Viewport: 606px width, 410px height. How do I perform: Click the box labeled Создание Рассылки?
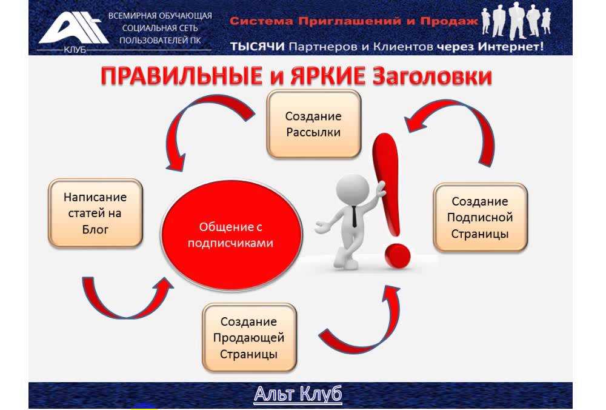point(313,124)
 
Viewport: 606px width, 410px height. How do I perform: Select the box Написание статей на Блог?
point(95,213)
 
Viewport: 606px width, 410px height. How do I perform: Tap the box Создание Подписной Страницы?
point(480,217)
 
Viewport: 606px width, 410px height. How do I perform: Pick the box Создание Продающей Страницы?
point(249,338)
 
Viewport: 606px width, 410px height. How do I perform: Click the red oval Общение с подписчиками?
point(231,235)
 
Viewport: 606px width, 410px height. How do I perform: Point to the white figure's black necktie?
point(354,217)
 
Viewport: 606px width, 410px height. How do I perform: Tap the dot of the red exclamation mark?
point(397,256)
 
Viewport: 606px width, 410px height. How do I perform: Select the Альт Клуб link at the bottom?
point(298,394)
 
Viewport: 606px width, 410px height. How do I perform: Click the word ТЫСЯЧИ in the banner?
point(258,47)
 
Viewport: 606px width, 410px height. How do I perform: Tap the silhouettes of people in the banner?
point(516,21)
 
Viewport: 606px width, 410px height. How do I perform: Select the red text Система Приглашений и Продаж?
point(354,21)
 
